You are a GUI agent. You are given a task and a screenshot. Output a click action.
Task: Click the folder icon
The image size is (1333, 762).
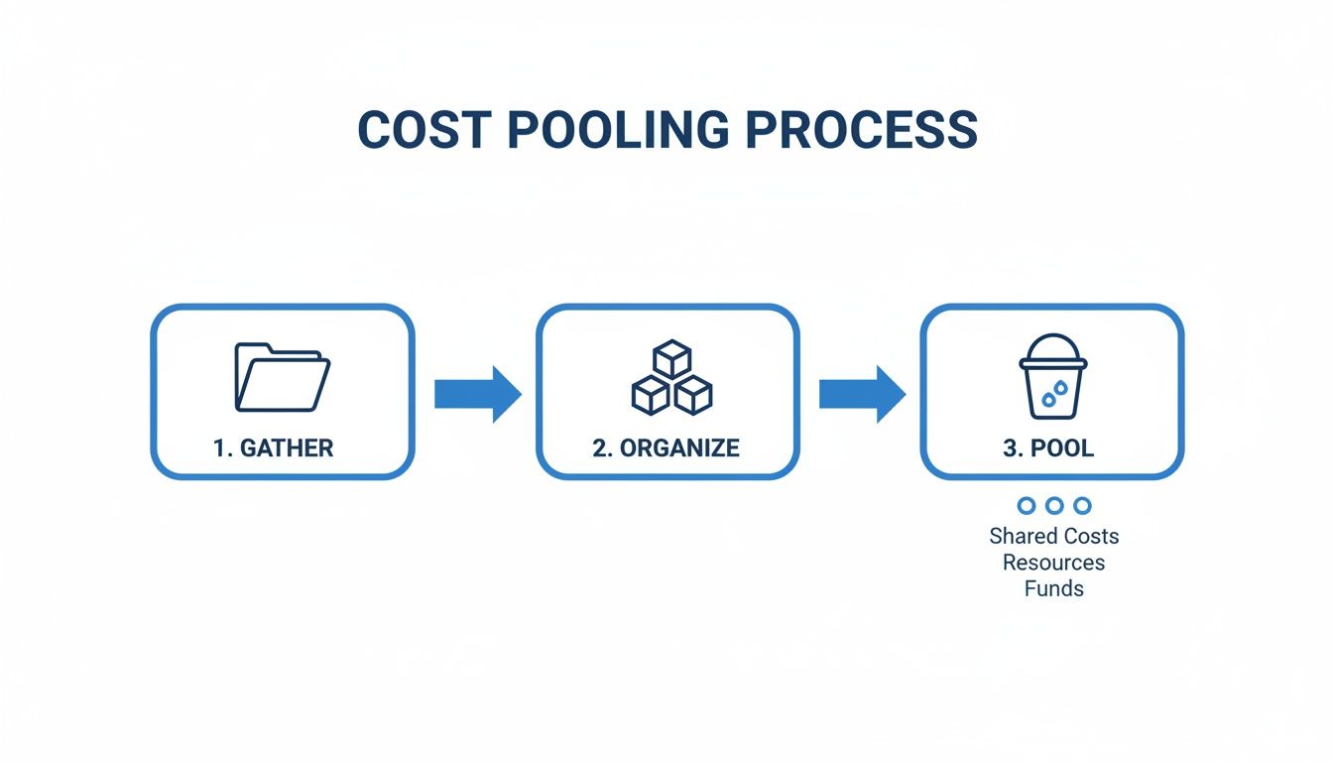point(282,377)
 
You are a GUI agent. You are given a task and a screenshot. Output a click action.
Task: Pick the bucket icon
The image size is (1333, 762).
point(1053,376)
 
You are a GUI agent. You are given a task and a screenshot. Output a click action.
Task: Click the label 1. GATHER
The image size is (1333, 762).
point(274,447)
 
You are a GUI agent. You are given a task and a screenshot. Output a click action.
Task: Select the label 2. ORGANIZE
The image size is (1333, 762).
point(666,447)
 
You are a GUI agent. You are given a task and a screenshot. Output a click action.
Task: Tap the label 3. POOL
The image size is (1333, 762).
point(1048,447)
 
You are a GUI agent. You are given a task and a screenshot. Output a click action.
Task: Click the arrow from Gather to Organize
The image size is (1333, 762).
point(477,394)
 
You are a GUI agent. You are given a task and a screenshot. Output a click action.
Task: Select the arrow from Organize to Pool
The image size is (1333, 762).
point(861,394)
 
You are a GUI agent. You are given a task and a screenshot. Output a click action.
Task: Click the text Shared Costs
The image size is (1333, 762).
point(1053,537)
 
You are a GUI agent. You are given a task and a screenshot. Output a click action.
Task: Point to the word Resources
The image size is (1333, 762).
point(1053,563)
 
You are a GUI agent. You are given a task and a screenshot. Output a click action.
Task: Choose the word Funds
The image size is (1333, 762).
point(1053,588)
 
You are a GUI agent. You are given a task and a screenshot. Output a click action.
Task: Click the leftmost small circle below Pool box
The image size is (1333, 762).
point(1027,506)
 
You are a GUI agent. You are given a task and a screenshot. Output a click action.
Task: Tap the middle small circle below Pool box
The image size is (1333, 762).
point(1054,506)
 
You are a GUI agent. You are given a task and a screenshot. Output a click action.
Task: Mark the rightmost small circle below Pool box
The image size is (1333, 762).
point(1082,506)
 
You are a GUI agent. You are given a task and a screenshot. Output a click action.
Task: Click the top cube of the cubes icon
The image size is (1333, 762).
point(671,358)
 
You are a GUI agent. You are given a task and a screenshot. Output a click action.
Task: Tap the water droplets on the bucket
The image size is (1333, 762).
point(1053,395)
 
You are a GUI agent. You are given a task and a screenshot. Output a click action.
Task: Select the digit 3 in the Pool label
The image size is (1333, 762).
point(1010,447)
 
